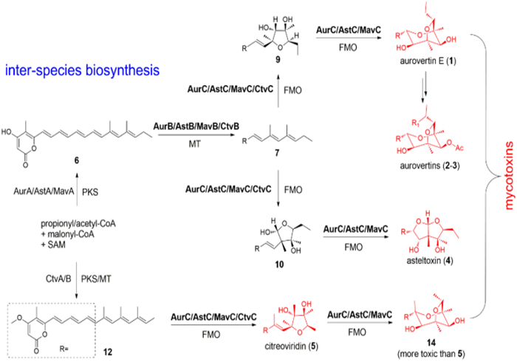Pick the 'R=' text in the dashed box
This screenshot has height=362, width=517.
tap(67, 344)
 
